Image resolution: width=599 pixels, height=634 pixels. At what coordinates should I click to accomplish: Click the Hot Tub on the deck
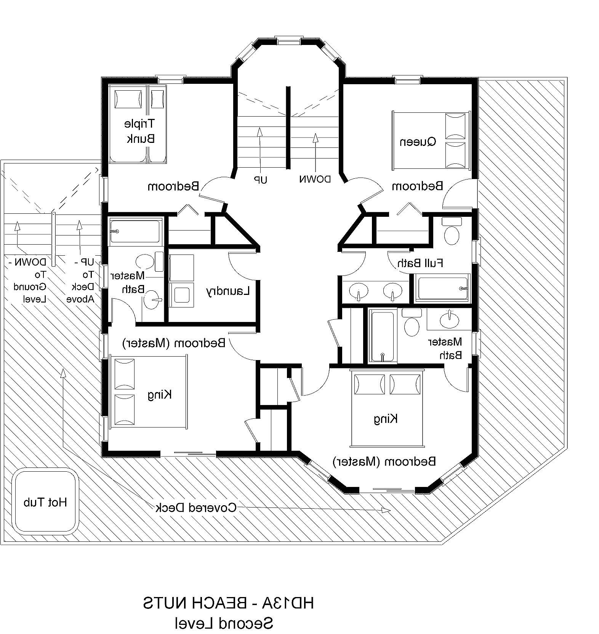[45, 502]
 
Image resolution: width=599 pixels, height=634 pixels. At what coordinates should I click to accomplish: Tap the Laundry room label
[228, 292]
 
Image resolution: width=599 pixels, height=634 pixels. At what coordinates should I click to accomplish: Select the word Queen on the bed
[418, 142]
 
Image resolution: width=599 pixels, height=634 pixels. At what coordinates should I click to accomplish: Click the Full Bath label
[420, 263]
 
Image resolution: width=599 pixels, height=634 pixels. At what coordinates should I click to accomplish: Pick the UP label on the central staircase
[261, 179]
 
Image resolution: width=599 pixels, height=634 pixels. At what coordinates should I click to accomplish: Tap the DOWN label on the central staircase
[315, 179]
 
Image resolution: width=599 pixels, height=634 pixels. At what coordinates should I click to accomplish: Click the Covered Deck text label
[196, 508]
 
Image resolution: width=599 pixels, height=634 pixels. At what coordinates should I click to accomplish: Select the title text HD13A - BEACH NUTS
[229, 603]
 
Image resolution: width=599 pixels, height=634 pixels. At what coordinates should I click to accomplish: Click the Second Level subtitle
[224, 623]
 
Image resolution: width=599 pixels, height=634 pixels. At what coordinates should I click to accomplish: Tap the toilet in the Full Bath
[452, 232]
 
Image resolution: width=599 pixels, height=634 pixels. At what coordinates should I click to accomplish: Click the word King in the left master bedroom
[160, 394]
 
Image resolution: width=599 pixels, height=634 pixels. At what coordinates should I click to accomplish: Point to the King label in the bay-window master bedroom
[386, 419]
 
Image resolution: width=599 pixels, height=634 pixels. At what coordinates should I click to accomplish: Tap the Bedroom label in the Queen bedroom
[418, 186]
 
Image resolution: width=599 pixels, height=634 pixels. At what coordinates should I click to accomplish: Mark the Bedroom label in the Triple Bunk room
[173, 186]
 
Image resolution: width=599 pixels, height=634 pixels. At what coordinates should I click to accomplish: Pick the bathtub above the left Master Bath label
[135, 230]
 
